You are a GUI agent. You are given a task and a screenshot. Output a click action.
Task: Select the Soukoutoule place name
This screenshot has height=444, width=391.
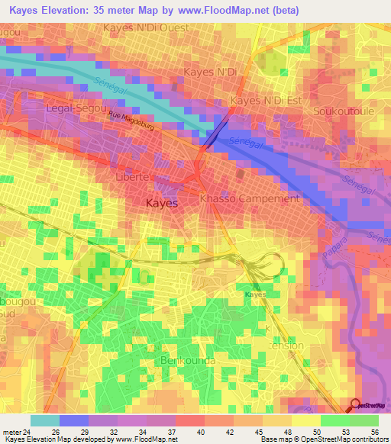click(x=341, y=111)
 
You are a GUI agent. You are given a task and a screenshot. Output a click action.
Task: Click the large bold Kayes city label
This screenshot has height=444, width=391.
click(x=161, y=204)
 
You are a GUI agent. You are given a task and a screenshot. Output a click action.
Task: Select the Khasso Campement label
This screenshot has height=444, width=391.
click(x=249, y=198)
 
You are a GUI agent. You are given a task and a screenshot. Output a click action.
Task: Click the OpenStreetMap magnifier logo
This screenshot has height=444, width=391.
click(x=355, y=405)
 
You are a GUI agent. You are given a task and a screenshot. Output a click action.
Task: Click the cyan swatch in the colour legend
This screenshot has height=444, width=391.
click(x=44, y=420)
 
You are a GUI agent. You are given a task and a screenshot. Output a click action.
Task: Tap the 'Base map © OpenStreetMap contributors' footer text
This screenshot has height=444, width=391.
click(x=322, y=439)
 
